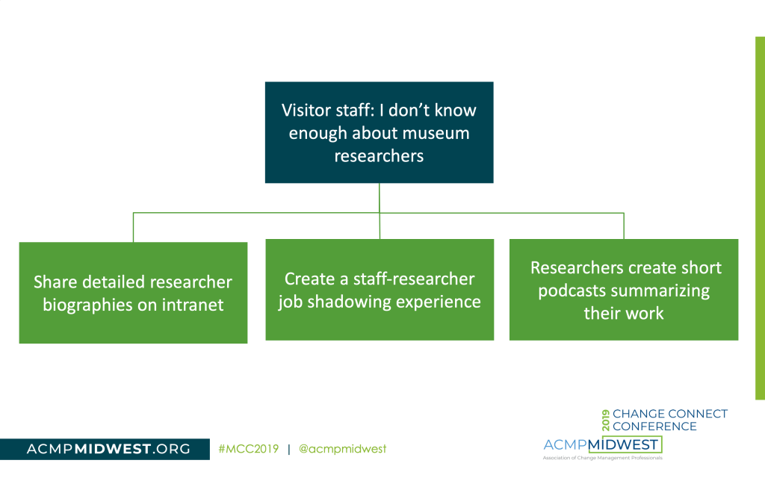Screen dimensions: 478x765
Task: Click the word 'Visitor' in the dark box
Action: coord(306,111)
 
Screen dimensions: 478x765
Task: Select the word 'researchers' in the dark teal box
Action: coord(379,156)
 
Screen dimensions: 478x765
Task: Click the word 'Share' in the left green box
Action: coord(57,282)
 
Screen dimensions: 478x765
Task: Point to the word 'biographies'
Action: coord(91,305)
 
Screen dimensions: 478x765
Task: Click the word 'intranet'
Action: coord(193,305)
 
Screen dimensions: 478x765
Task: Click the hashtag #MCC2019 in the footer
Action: coord(249,449)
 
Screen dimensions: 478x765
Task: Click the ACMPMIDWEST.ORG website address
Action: coord(108,449)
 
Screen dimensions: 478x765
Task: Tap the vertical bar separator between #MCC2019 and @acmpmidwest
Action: coord(288,449)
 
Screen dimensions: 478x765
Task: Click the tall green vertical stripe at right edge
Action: coord(759,217)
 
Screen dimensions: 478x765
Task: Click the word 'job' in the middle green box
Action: coord(293,302)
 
